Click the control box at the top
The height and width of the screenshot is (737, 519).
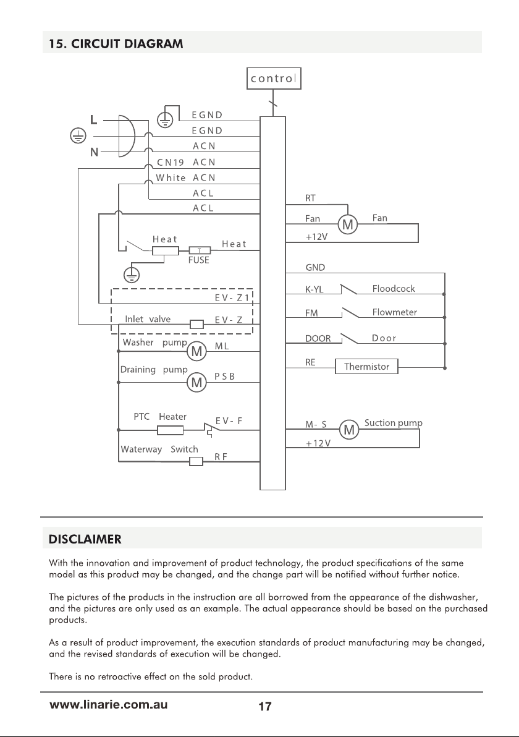click(x=274, y=79)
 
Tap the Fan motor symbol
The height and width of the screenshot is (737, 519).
click(x=348, y=224)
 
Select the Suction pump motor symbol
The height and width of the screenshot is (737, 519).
click(x=348, y=429)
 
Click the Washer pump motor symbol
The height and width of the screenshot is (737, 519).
click(x=197, y=351)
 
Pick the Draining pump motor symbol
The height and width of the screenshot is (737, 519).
click(x=197, y=383)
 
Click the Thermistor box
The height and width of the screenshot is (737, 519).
click(x=366, y=366)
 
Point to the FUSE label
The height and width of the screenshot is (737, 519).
click(x=199, y=260)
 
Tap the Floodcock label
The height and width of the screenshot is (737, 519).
click(x=394, y=289)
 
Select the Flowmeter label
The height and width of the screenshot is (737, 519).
click(x=395, y=312)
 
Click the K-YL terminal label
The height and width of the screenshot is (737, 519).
click(x=314, y=289)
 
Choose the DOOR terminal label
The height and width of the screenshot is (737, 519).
click(x=318, y=338)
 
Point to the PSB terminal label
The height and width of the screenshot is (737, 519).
click(x=224, y=377)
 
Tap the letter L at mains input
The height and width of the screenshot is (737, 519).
click(x=94, y=120)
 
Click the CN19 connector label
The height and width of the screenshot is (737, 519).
click(x=170, y=163)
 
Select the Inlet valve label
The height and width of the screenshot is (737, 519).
click(x=148, y=319)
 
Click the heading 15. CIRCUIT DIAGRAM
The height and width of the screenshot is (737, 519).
click(x=116, y=44)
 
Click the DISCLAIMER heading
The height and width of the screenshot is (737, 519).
click(x=85, y=539)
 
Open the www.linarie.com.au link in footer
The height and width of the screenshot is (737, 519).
click(x=109, y=705)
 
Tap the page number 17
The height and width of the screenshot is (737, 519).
click(x=265, y=706)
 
